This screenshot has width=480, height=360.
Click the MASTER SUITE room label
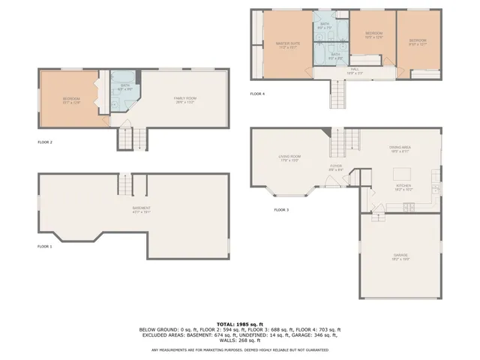(x=287, y=43)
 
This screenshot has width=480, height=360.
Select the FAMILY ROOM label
(x=184, y=98)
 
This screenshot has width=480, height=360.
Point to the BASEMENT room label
(x=142, y=208)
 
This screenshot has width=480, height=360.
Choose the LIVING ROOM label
(x=289, y=157)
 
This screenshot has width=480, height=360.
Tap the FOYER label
(x=336, y=166)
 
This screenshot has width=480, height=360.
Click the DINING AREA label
(x=399, y=148)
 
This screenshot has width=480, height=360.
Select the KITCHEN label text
(x=403, y=185)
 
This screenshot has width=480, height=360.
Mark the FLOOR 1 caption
(x=45, y=246)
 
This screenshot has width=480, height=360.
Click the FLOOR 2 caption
(x=45, y=141)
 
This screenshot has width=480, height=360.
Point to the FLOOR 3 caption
(x=281, y=209)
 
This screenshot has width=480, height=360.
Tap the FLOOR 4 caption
(x=257, y=94)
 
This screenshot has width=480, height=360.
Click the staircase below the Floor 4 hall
(x=338, y=93)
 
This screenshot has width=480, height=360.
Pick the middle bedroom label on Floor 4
(x=373, y=34)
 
